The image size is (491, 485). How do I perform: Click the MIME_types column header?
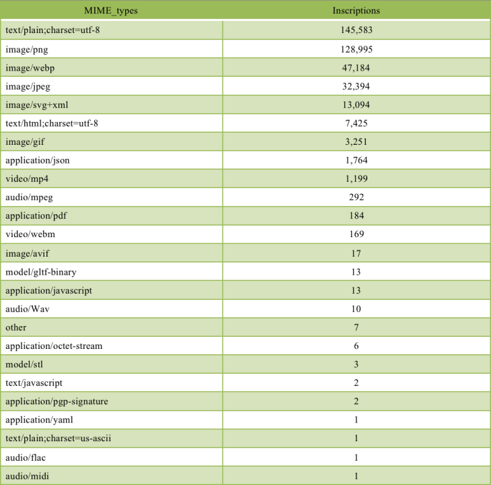click(x=112, y=11)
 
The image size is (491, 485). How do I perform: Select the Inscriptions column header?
click(x=356, y=11)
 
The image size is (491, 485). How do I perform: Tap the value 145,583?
click(x=356, y=30)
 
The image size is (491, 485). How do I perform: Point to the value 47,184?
click(x=356, y=67)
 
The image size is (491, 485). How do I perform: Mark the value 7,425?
click(x=356, y=123)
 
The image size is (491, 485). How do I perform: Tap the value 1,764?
click(x=356, y=160)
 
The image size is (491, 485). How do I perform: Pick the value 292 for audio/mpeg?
click(x=356, y=197)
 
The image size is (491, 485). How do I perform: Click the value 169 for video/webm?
click(x=356, y=234)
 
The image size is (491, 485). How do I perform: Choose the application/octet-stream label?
click(x=53, y=346)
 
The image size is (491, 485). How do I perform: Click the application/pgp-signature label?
click(x=56, y=401)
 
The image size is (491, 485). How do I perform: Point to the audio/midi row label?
click(x=26, y=476)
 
